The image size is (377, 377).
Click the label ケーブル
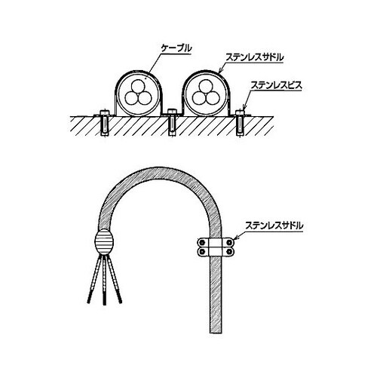point(176,49)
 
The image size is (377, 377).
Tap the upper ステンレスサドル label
point(254,57)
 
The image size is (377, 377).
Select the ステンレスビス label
point(276,86)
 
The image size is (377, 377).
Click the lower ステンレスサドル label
point(274,225)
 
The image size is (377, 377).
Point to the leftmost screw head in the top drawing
point(104,112)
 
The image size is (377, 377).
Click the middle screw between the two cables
point(172,122)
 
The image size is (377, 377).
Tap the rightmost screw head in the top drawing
point(240,112)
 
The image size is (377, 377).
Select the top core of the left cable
point(138,86)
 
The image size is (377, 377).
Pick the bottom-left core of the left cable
point(132,98)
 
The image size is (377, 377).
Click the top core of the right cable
point(205,86)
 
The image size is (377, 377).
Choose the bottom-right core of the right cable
point(212,98)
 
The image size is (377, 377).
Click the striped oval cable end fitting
point(104,242)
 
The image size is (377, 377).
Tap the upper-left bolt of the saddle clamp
point(201,243)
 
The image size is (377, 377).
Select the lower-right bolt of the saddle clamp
point(229,251)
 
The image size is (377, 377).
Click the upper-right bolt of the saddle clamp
point(229,243)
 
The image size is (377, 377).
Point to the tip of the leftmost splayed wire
point(88,302)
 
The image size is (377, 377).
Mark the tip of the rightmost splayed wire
point(121,302)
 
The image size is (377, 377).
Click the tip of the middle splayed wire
point(104,305)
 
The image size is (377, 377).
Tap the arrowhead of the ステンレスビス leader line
point(244,108)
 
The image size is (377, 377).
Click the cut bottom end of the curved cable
point(216,333)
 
